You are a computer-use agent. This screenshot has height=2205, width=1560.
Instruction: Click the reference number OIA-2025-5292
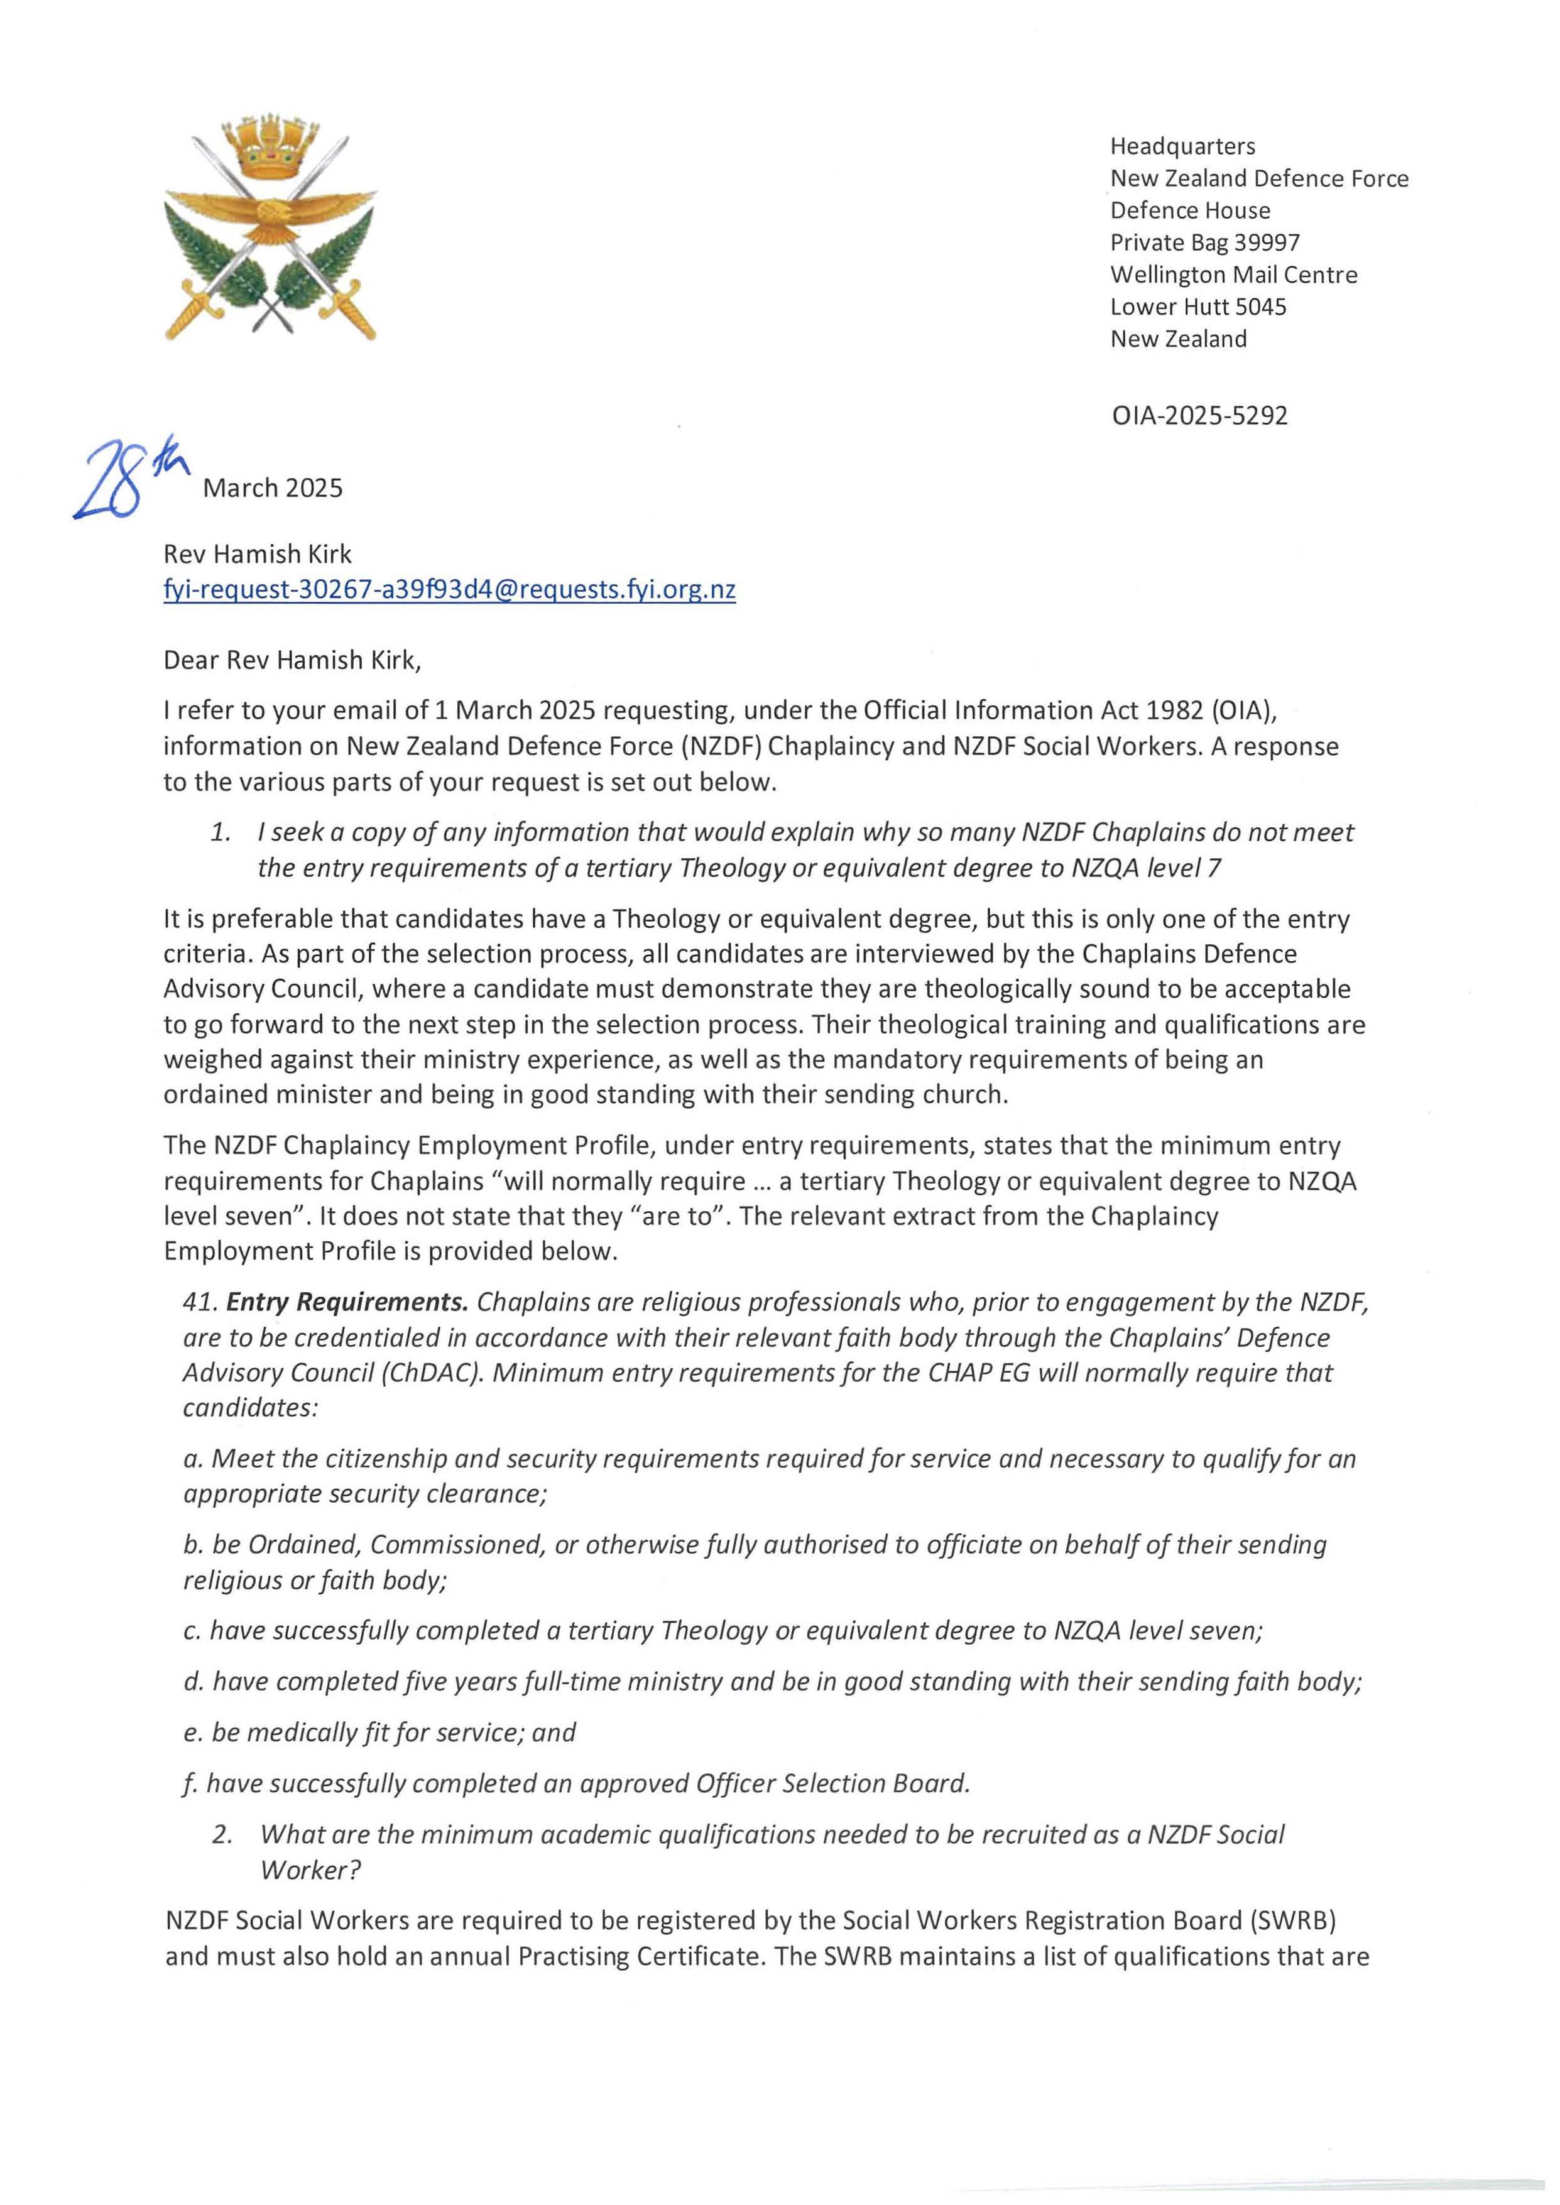pyautogui.click(x=1199, y=416)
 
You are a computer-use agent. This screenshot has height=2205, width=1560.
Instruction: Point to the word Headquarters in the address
pyautogui.click(x=1182, y=146)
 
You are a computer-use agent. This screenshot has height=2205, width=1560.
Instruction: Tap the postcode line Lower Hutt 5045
pyautogui.click(x=1198, y=307)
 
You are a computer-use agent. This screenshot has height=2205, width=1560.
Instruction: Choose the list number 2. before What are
pyautogui.click(x=222, y=1834)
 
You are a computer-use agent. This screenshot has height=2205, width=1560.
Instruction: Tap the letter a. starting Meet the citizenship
pyautogui.click(x=192, y=1459)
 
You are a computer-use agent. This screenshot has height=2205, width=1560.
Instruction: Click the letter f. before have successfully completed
pyautogui.click(x=188, y=1783)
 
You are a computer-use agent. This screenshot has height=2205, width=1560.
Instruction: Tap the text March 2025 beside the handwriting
pyautogui.click(x=273, y=488)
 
